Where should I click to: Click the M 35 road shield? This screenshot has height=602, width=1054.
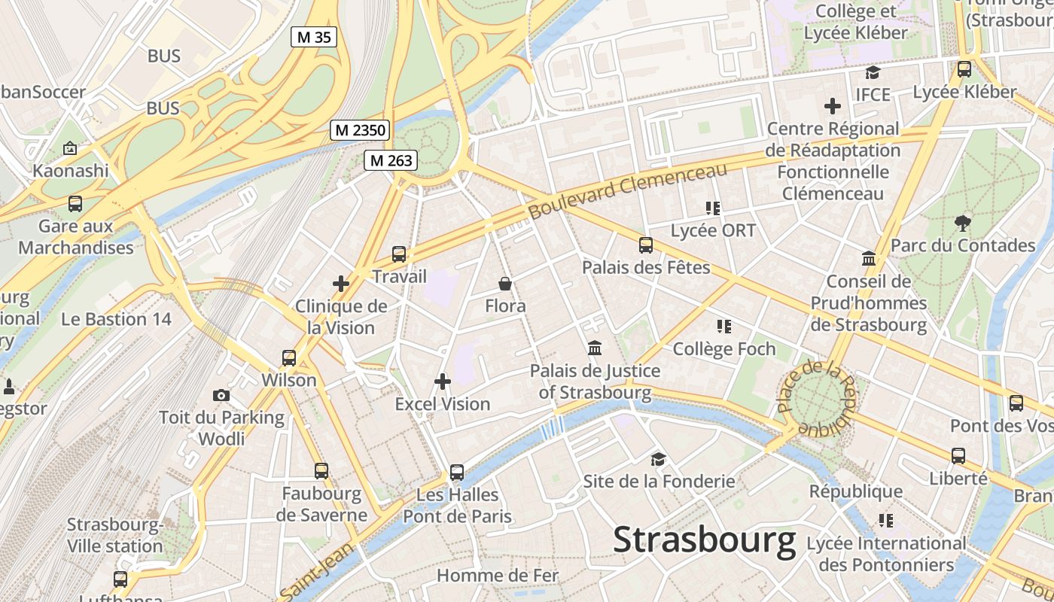click(x=313, y=37)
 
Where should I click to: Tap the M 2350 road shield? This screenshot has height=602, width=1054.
click(x=360, y=130)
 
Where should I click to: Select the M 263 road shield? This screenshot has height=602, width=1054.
click(x=391, y=160)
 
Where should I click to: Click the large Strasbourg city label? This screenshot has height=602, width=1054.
click(x=704, y=540)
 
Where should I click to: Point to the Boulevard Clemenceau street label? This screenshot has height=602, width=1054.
click(x=628, y=191)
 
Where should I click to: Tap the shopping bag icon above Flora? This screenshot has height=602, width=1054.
click(x=505, y=284)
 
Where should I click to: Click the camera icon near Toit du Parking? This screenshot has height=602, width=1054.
click(x=221, y=395)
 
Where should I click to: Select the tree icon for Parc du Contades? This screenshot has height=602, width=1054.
click(x=962, y=223)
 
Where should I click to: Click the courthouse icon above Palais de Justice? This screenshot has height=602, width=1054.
click(x=595, y=348)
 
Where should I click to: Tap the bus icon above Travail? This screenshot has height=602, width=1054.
click(x=399, y=254)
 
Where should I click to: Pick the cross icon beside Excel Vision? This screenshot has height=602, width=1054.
click(x=443, y=382)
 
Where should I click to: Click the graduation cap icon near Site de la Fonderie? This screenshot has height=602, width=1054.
click(x=659, y=459)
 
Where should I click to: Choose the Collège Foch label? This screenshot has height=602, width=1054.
click(x=723, y=349)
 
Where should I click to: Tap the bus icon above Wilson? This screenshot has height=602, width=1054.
click(x=289, y=358)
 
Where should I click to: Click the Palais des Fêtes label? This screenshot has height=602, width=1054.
click(x=646, y=267)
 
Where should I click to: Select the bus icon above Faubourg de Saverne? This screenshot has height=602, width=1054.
click(x=321, y=471)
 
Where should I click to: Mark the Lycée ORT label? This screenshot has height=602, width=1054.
click(x=712, y=230)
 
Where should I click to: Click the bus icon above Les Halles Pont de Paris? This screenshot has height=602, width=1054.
click(x=457, y=473)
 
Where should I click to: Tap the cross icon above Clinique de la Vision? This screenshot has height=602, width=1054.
click(x=341, y=284)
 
